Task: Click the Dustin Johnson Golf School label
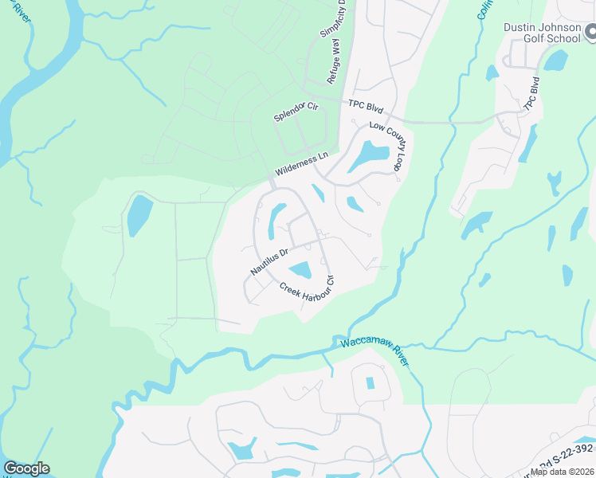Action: click(x=541, y=32)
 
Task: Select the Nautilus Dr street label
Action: click(x=269, y=259)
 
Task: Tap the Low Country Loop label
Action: click(x=388, y=147)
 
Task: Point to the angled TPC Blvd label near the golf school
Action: click(x=531, y=95)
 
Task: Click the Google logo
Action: click(x=26, y=468)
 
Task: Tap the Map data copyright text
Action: click(x=562, y=472)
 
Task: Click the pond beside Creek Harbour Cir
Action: click(x=300, y=271)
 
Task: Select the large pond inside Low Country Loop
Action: click(x=369, y=156)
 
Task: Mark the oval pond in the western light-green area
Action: click(x=139, y=215)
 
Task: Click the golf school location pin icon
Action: click(x=590, y=33)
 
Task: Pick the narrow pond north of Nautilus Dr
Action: click(x=276, y=220)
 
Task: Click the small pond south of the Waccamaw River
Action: click(x=370, y=382)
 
